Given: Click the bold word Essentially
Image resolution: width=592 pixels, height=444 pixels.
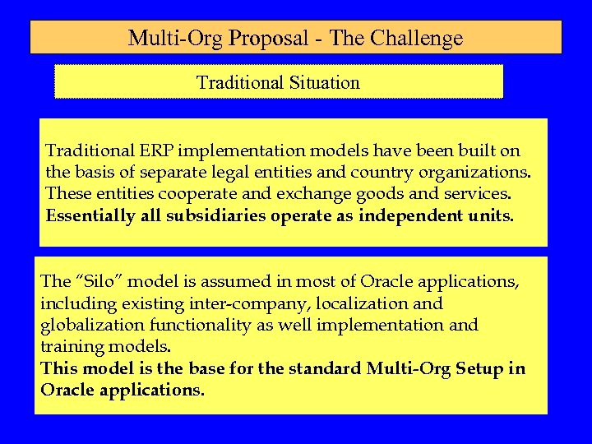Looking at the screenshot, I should click(86, 217).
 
